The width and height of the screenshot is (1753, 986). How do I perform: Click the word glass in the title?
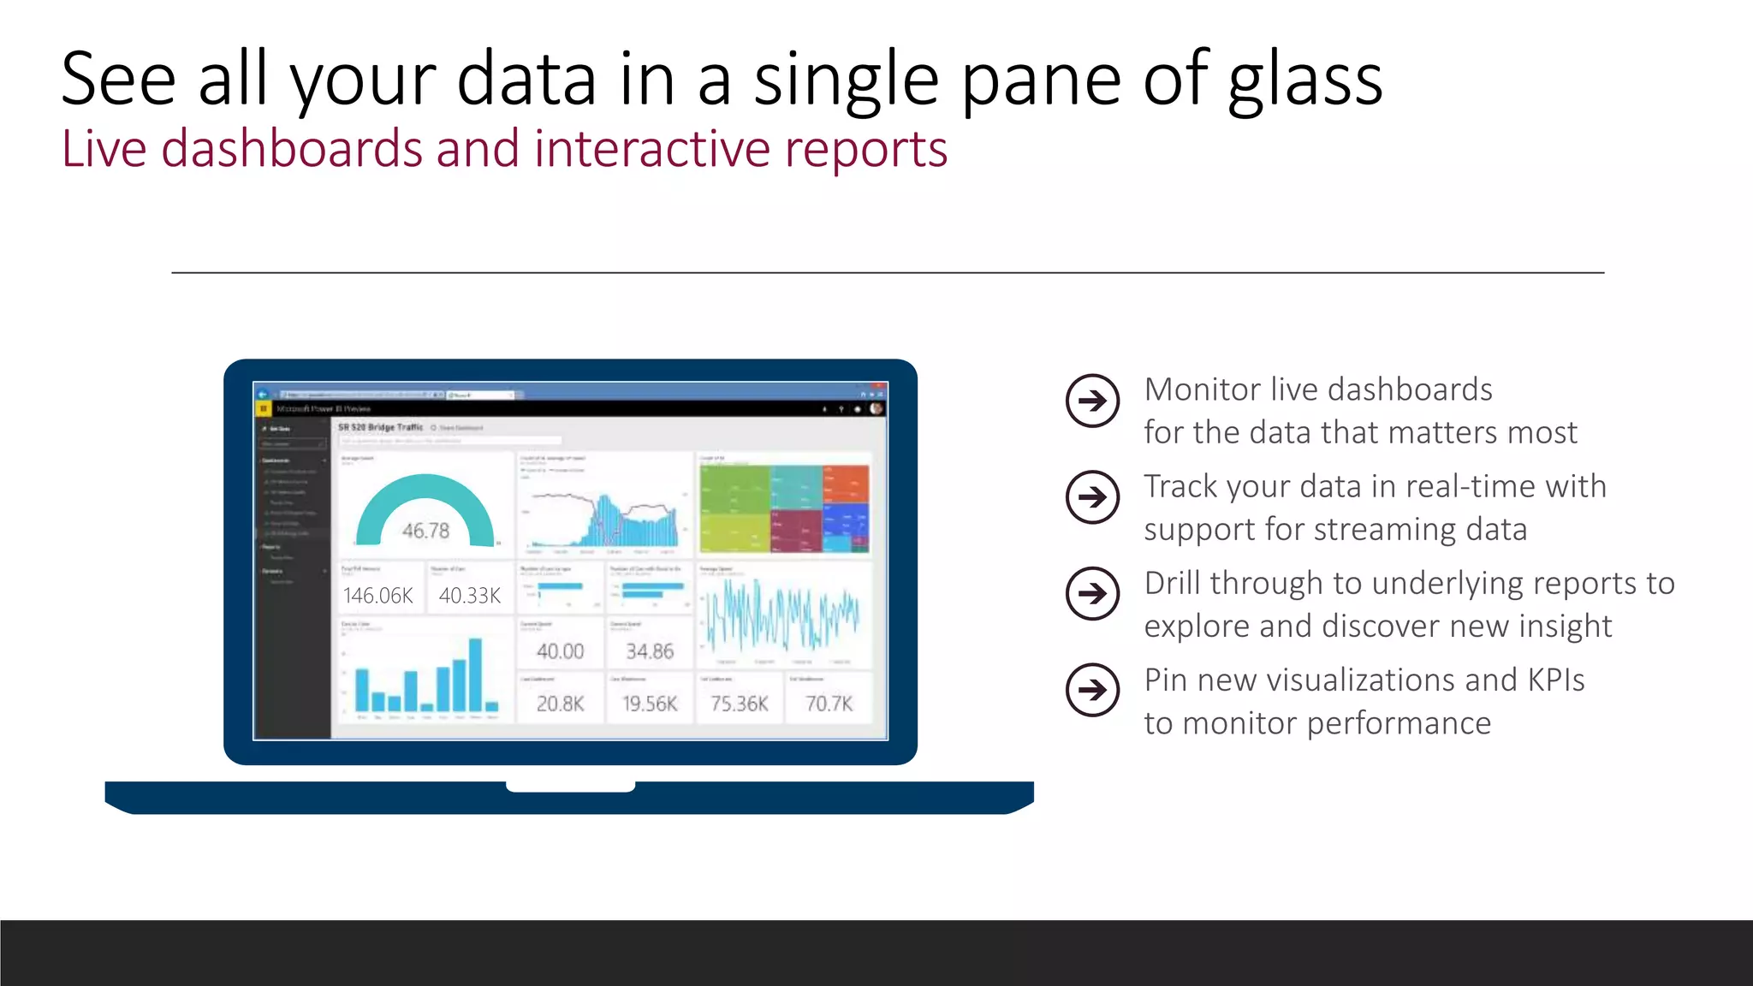click(1304, 81)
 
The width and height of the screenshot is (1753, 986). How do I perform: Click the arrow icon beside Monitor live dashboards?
click(1092, 401)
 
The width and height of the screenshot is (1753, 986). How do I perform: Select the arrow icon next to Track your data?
click(1092, 497)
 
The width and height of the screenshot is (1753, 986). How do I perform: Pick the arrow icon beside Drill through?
click(1092, 594)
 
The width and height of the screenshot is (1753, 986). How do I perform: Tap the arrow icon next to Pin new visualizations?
click(1092, 690)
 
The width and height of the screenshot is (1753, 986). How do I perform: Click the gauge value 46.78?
click(425, 531)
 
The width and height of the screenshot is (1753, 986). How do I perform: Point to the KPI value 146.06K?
click(378, 596)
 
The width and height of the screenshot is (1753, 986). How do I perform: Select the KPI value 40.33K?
click(469, 596)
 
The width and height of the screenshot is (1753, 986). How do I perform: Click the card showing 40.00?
click(560, 651)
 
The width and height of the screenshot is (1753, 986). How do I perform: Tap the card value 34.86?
click(650, 651)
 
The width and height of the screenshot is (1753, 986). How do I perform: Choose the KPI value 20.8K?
click(560, 704)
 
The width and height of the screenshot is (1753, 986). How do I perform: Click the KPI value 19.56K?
click(650, 704)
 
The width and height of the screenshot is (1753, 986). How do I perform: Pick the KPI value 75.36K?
click(740, 704)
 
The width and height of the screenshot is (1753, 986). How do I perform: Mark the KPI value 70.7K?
click(829, 704)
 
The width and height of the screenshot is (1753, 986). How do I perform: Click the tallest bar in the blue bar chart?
click(475, 675)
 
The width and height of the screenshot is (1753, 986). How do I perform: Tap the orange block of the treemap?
click(846, 484)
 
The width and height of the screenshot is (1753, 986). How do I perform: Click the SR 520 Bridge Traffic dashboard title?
click(380, 427)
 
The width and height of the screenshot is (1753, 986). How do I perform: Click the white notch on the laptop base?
click(570, 787)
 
